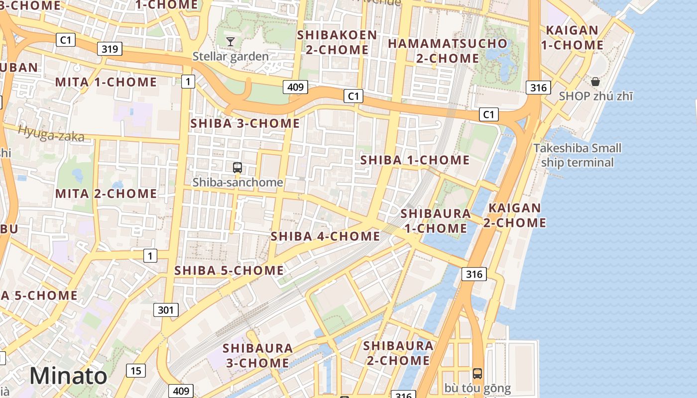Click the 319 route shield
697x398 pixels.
[x=109, y=49]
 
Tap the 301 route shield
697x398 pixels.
[x=165, y=310]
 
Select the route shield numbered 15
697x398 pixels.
[x=136, y=370]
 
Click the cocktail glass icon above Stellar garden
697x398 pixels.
[x=231, y=41]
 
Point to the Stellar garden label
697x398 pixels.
[x=231, y=56]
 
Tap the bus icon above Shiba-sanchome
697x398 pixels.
[x=237, y=168]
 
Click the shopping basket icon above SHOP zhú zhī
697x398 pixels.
[x=595, y=82]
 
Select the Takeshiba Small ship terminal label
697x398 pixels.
[x=577, y=155]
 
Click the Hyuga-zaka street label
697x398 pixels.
[x=51, y=133]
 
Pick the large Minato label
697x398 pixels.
[x=68, y=376]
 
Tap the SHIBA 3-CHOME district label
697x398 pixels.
[x=245, y=123]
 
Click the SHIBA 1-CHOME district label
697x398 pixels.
[x=415, y=160]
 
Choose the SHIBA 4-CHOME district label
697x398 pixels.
[x=325, y=236]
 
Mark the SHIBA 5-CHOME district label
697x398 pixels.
[x=229, y=271]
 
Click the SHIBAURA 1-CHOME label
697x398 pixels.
[x=435, y=221]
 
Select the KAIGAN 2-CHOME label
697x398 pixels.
[x=515, y=215]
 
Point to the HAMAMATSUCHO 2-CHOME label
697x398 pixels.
[x=447, y=51]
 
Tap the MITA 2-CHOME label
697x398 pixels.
[x=106, y=194]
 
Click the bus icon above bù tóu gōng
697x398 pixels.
[x=477, y=373]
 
